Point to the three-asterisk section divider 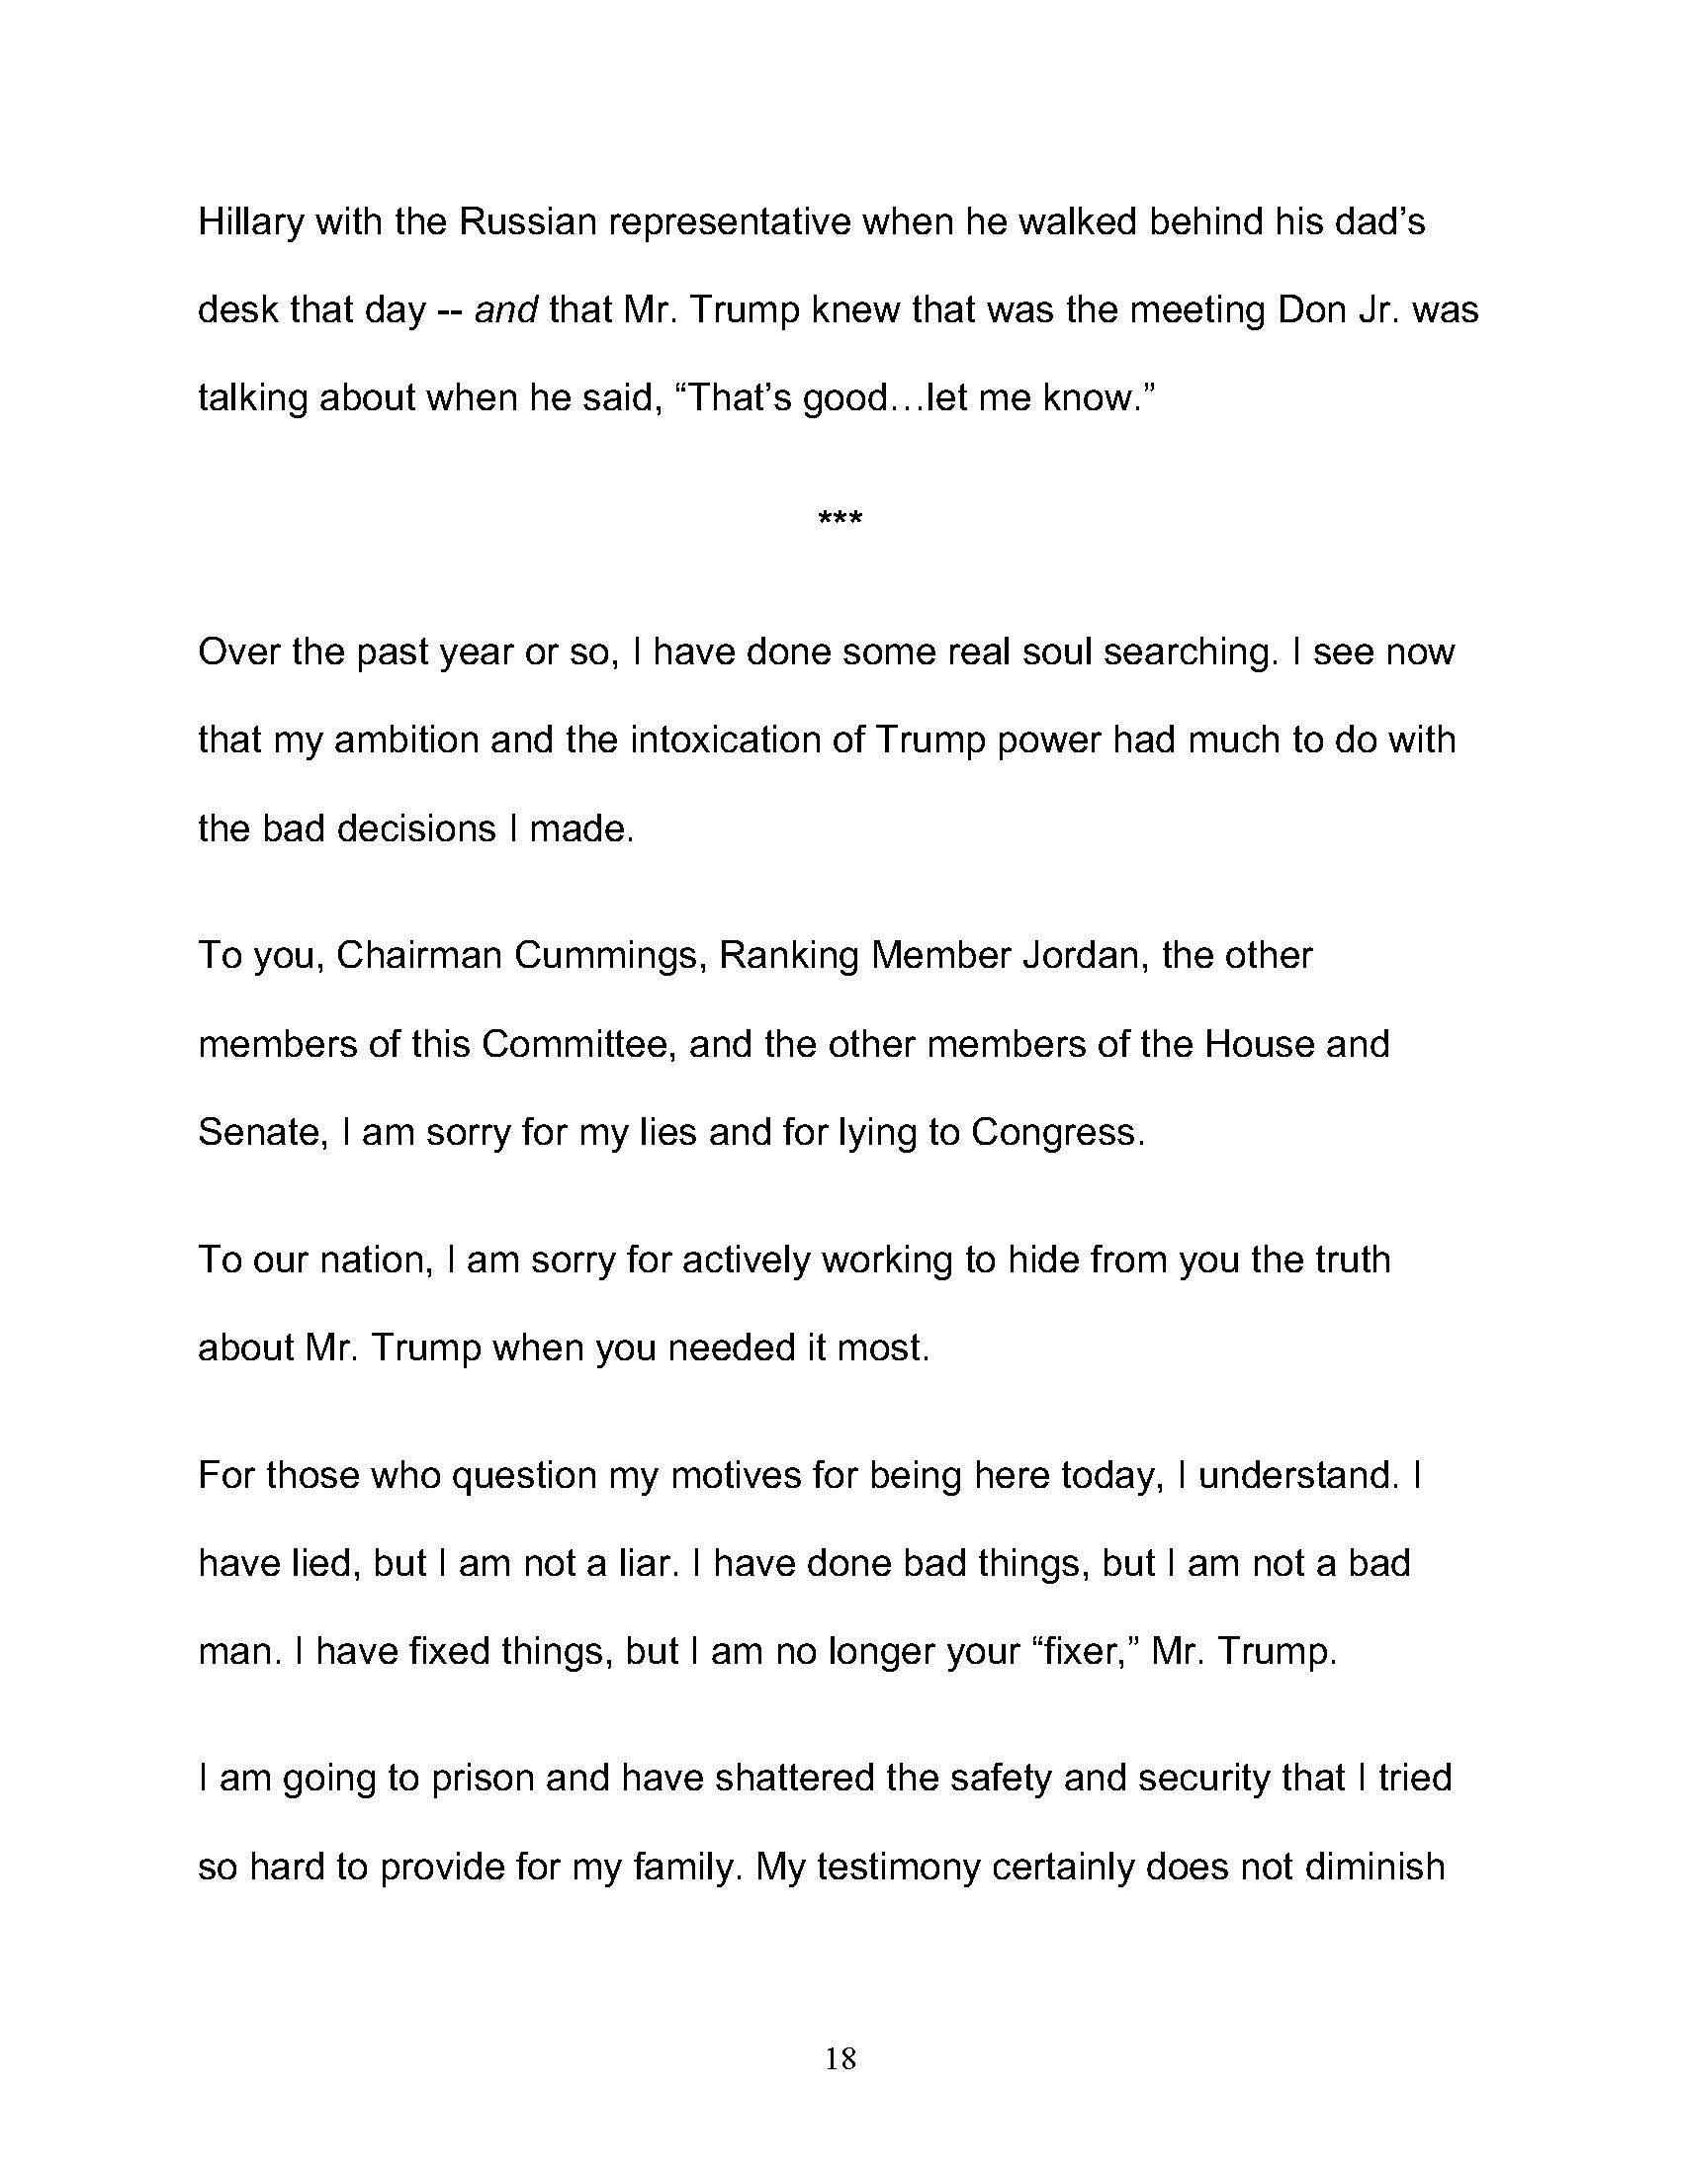click(x=840, y=520)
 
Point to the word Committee click(x=578, y=1044)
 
